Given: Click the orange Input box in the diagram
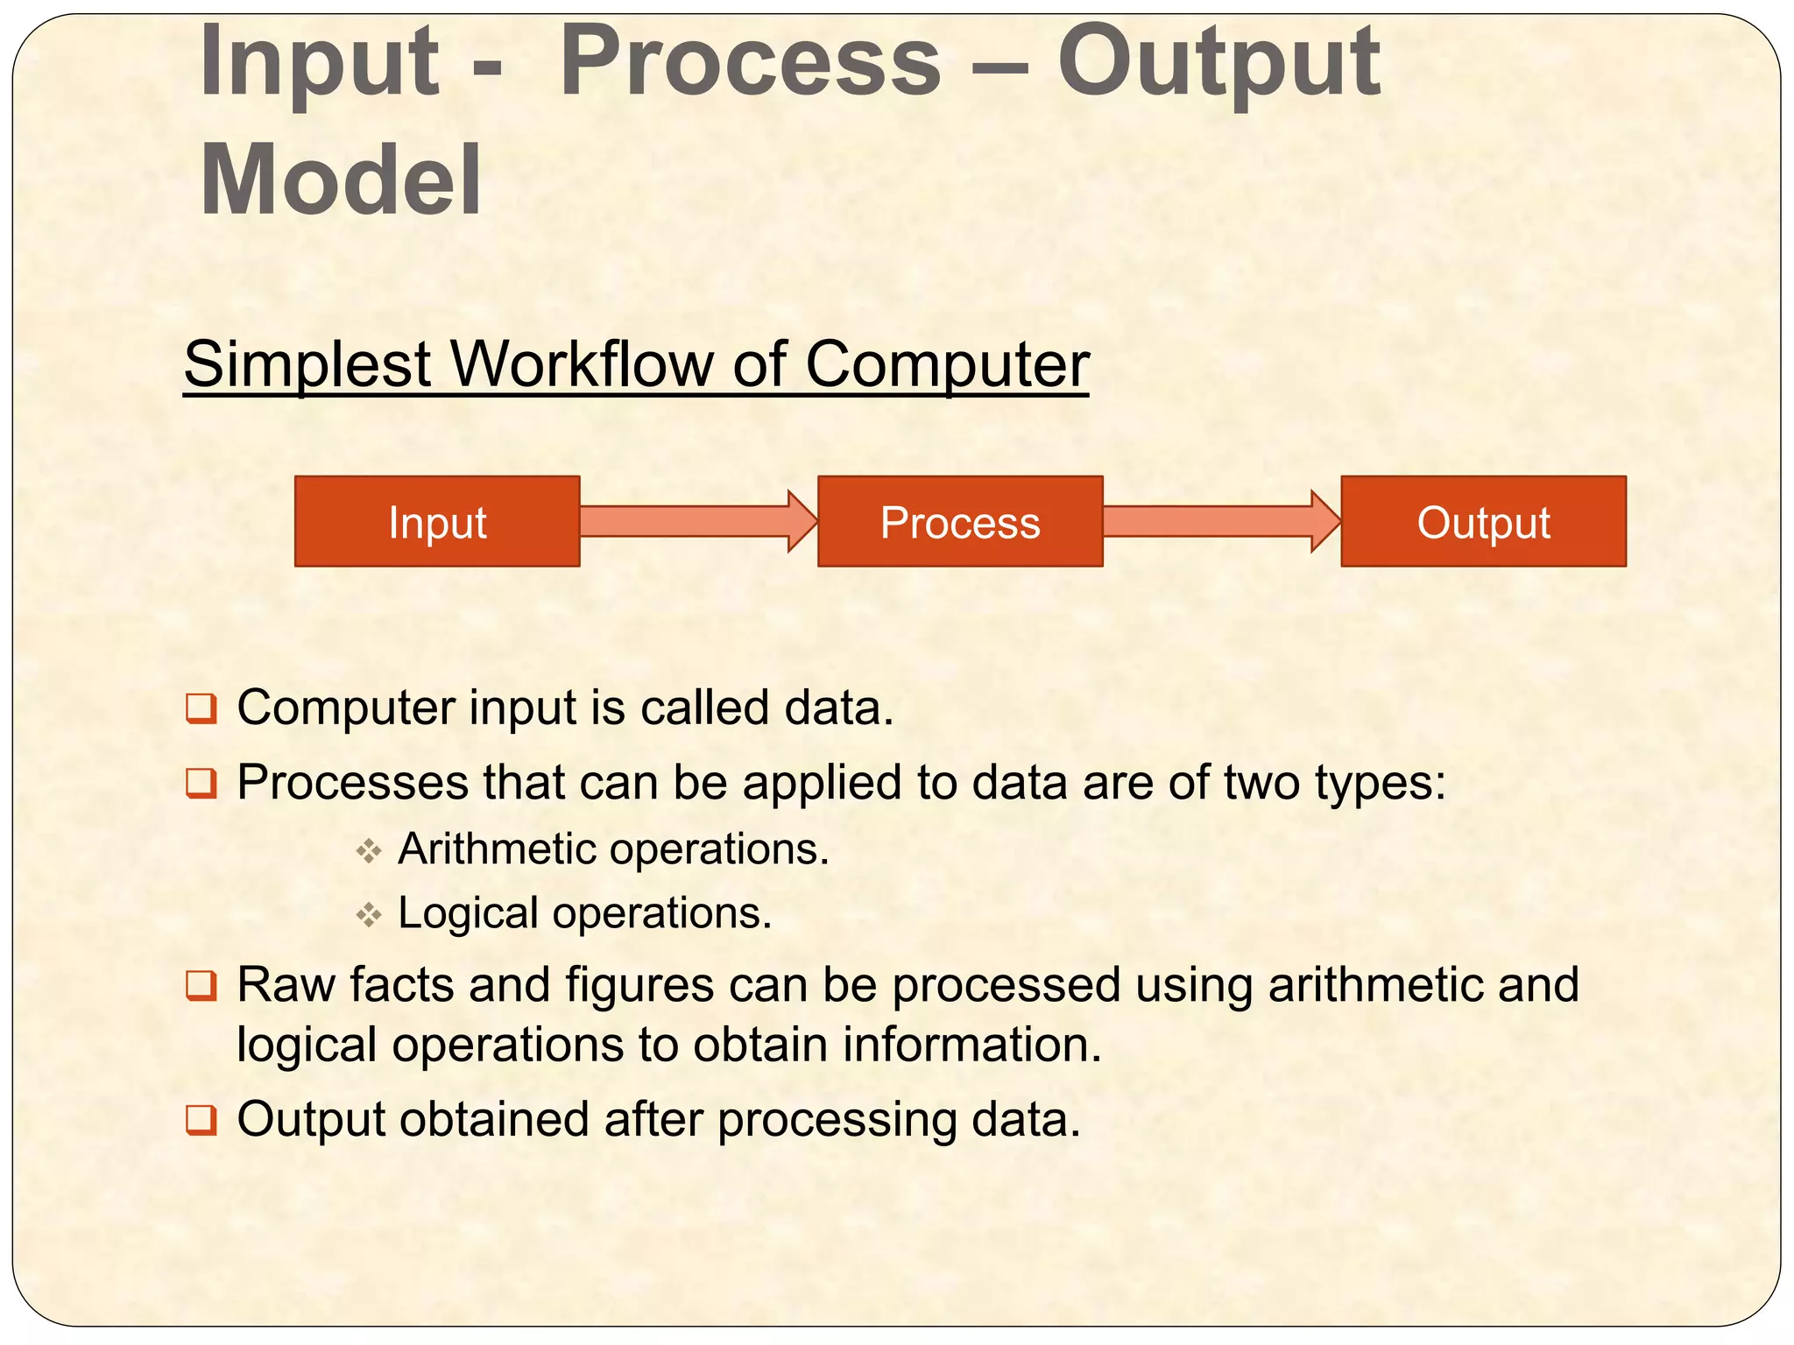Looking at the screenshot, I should click(x=437, y=522).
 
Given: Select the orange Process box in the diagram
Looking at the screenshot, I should click(x=960, y=522).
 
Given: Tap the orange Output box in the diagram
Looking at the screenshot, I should click(x=1483, y=522).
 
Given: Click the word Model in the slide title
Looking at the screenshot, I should click(x=341, y=180).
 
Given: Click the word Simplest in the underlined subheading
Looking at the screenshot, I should click(x=307, y=364).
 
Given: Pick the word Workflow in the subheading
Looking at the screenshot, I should click(x=581, y=364).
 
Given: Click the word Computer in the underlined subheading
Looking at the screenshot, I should click(x=946, y=364).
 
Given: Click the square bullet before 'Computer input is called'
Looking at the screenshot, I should click(x=201, y=708).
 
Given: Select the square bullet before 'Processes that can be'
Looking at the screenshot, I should click(x=201, y=782).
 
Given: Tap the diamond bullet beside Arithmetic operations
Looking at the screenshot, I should click(x=369, y=850).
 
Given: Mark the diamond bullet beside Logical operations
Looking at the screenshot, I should click(x=369, y=915).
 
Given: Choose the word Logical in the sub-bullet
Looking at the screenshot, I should click(x=468, y=913).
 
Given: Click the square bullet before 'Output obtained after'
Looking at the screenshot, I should click(x=201, y=1120).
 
